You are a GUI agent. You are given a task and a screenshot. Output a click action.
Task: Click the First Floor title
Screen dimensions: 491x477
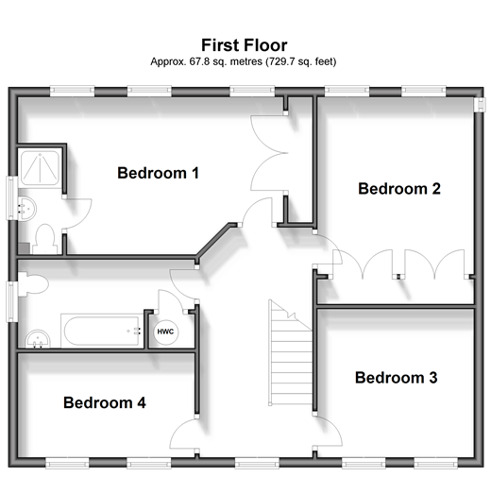tap(245, 45)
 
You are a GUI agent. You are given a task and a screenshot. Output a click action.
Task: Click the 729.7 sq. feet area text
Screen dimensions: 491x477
tap(301, 61)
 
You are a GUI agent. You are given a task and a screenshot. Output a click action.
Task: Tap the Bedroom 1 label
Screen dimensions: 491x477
tap(158, 173)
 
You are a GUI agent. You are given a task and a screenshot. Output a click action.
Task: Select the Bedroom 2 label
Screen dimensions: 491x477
tap(399, 189)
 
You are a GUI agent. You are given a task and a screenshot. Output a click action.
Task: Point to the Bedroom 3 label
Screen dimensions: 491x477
tap(396, 378)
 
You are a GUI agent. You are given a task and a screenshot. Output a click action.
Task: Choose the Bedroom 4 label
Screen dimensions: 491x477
tap(105, 402)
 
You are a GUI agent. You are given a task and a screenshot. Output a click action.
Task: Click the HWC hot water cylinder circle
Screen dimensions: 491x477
tap(165, 332)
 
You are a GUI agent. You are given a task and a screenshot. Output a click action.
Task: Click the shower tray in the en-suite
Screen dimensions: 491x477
tap(40, 166)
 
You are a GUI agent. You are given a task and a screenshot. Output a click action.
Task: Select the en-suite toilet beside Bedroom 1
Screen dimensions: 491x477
tap(44, 239)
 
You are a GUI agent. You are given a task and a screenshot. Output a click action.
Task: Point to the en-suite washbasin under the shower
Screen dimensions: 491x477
tap(26, 209)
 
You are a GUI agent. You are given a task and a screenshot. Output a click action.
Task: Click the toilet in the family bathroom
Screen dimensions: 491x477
tap(33, 284)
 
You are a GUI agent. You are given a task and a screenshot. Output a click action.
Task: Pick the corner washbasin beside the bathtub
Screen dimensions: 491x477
tap(38, 339)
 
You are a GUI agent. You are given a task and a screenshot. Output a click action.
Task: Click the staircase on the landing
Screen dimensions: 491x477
tap(291, 352)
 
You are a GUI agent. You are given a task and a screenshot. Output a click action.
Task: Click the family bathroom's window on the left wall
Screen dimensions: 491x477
tap(12, 301)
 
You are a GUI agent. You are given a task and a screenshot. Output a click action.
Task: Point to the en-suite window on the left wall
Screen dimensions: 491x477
tap(12, 197)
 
